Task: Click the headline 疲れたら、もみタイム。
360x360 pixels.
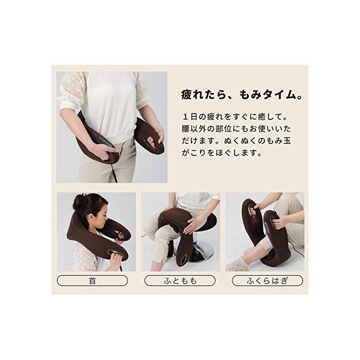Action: (242, 95)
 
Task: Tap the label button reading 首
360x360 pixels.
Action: (92, 281)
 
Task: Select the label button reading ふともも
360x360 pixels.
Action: (180, 281)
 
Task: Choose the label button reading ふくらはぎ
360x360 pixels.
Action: (267, 281)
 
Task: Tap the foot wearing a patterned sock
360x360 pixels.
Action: (237, 263)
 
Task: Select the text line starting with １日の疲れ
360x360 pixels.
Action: (235, 117)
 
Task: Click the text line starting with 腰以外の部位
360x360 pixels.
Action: (236, 129)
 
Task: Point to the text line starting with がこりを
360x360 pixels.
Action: (222, 153)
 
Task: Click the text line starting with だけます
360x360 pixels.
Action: (236, 141)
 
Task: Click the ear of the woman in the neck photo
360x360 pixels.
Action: (92, 218)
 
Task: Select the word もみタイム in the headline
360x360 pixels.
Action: (267, 95)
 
